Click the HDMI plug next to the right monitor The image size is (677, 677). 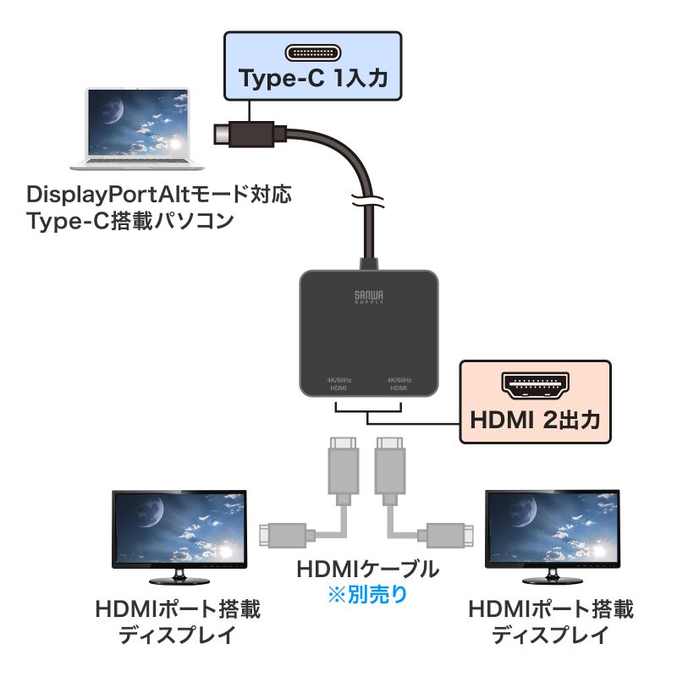[x=448, y=534]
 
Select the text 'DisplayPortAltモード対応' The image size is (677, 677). [x=159, y=195]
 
